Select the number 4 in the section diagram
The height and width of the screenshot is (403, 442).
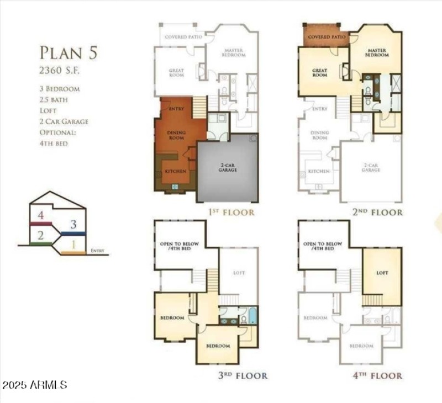point(40,215)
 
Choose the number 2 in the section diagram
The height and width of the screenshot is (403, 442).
point(40,235)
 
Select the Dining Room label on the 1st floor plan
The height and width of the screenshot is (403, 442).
point(176,135)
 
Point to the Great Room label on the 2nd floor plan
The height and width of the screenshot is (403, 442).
point(320,72)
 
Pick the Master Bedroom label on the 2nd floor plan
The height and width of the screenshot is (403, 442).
point(376,52)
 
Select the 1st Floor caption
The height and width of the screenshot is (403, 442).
point(231,212)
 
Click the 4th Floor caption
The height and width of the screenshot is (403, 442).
point(377,376)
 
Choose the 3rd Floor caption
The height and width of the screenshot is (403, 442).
point(243,376)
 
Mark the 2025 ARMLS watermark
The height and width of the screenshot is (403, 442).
point(34,384)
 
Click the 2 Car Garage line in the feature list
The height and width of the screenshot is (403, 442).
point(64,121)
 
